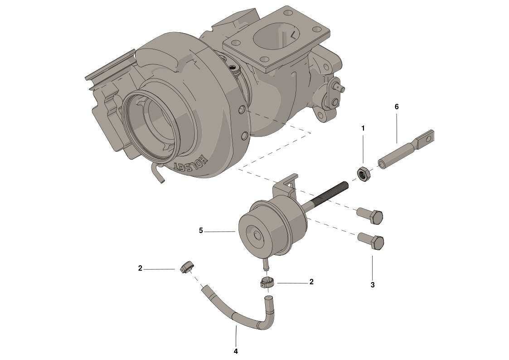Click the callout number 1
point(363,128)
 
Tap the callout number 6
point(396,107)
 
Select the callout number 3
point(373,285)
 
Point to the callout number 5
point(201,230)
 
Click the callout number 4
point(236,351)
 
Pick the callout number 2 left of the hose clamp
point(140,268)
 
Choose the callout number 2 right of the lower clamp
point(311,282)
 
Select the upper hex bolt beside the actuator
point(370,215)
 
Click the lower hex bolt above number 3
point(371,242)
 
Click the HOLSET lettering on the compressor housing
point(190,162)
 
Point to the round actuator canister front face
point(256,235)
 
